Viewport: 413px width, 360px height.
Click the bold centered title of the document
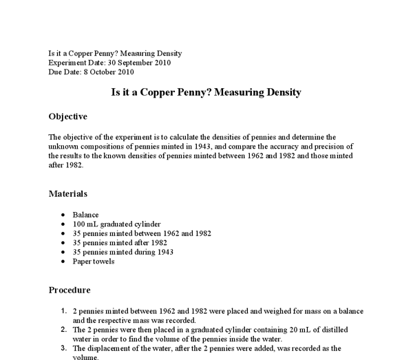(206, 92)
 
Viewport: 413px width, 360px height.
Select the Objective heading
(67, 116)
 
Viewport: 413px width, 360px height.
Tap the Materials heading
(68, 193)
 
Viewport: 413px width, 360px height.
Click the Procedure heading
(69, 290)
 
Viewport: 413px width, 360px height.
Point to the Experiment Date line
(109, 63)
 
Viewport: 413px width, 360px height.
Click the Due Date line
(91, 72)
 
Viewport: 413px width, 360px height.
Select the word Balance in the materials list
(85, 215)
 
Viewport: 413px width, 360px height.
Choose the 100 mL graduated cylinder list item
(116, 224)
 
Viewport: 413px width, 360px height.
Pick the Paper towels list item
(93, 262)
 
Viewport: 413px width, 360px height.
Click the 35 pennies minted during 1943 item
(123, 252)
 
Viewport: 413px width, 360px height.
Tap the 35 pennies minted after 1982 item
(120, 243)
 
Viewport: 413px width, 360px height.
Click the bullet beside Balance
(63, 215)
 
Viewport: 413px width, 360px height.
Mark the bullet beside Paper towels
(63, 262)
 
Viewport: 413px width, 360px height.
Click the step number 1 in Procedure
(64, 310)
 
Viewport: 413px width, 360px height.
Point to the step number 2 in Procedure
(64, 329)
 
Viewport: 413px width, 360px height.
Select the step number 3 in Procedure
(64, 348)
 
